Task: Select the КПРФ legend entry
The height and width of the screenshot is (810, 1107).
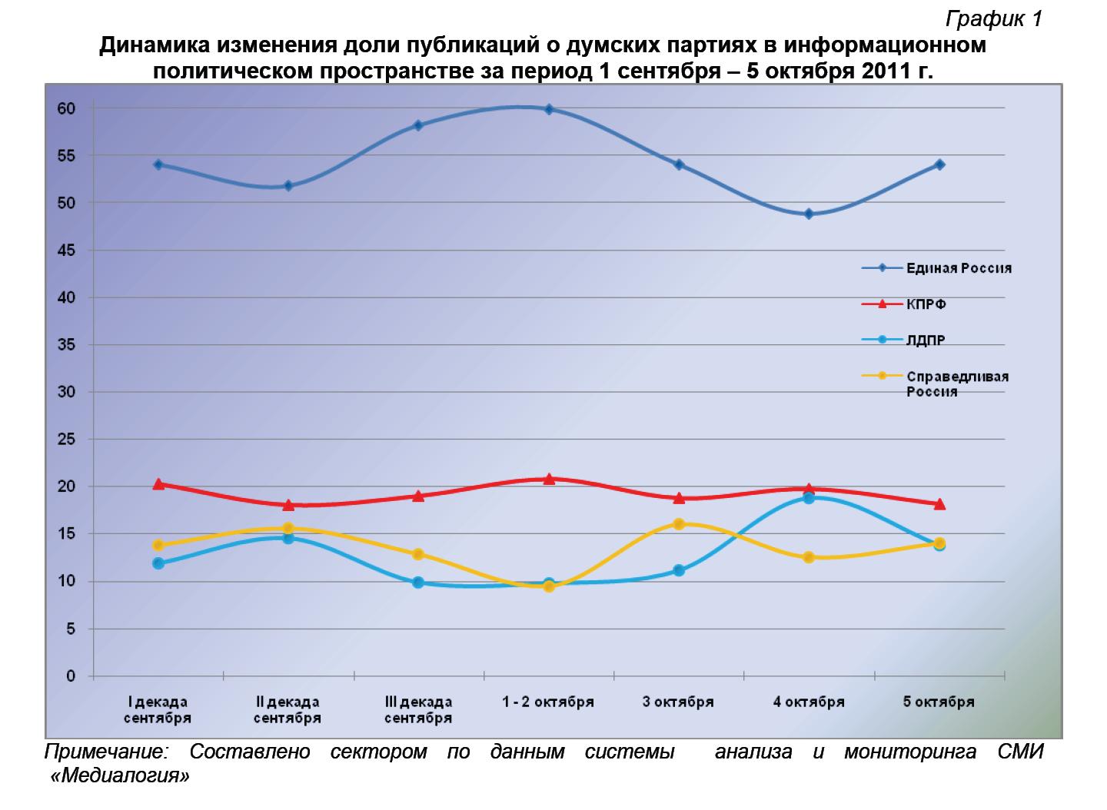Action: tap(926, 304)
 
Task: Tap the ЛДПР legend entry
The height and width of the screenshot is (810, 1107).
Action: tap(926, 340)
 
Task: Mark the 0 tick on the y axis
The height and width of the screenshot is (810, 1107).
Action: tap(71, 676)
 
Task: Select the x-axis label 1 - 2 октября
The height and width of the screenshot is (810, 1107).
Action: tap(548, 702)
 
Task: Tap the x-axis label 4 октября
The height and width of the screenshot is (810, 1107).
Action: tap(809, 702)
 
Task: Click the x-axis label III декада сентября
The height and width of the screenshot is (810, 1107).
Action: tap(418, 710)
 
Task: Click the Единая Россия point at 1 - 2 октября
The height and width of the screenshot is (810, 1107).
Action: tap(549, 109)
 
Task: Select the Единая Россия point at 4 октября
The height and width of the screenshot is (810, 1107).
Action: tap(809, 214)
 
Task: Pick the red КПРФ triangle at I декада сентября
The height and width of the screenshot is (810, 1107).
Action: tap(158, 484)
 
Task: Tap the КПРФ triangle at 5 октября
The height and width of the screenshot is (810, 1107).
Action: tap(939, 504)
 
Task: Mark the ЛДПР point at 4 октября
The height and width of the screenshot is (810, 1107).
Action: tap(809, 498)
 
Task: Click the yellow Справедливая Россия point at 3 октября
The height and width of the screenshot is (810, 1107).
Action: tap(679, 524)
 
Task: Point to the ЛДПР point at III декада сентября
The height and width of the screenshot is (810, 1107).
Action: tap(418, 583)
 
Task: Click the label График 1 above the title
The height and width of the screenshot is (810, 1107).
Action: tap(993, 19)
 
